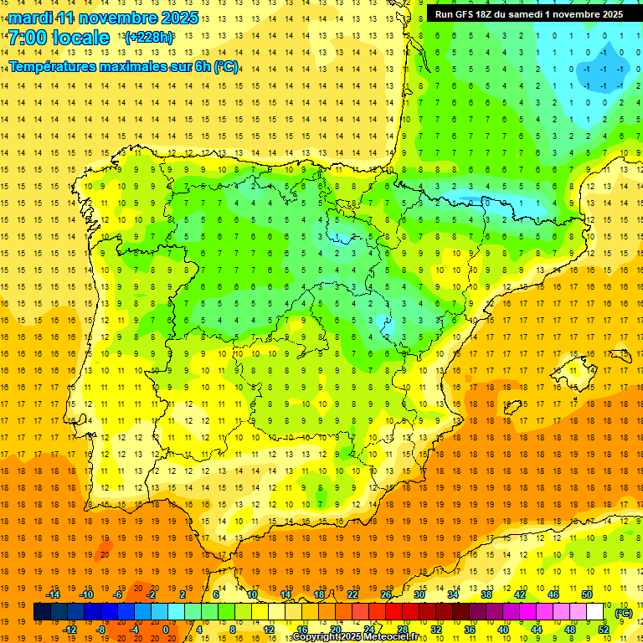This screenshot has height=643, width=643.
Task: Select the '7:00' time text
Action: click(x=28, y=38)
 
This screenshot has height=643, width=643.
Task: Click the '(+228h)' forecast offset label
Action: click(x=148, y=38)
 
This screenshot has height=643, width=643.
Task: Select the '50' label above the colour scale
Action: click(x=586, y=594)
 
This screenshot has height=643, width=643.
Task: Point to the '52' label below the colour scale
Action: click(x=603, y=630)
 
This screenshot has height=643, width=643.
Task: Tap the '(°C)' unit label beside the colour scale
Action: click(x=624, y=613)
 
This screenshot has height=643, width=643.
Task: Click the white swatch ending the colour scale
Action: click(x=595, y=612)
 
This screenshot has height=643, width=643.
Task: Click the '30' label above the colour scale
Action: click(x=419, y=594)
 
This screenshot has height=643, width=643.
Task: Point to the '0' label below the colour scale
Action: click(x=166, y=630)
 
